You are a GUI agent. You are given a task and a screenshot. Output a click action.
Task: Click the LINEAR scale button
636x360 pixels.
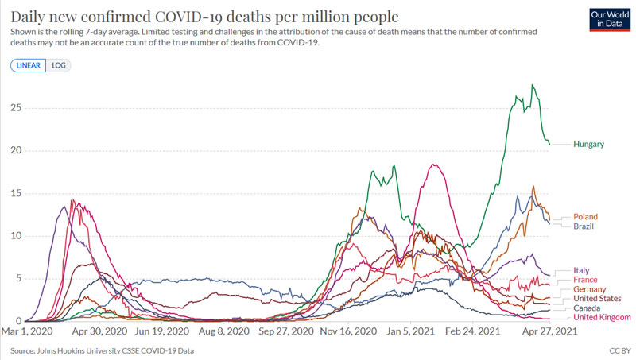pos(29,65)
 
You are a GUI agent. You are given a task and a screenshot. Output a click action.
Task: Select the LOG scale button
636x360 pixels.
pos(59,65)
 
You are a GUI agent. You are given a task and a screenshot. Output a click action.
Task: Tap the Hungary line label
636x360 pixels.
pos(589,145)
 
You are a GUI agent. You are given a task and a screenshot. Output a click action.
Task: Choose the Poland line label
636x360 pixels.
pos(585,217)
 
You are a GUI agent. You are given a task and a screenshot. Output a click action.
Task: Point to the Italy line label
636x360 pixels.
pos(582,271)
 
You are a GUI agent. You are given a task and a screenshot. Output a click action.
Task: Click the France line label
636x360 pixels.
pos(585,281)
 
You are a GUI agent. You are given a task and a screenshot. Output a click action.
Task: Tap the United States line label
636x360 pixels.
pos(598,299)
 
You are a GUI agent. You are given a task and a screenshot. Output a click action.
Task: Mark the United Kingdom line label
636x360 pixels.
pos(603,318)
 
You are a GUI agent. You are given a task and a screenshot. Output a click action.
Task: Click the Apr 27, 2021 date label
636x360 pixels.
pos(549,331)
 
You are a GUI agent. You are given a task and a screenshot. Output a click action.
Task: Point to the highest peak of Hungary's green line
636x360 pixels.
pos(533,85)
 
